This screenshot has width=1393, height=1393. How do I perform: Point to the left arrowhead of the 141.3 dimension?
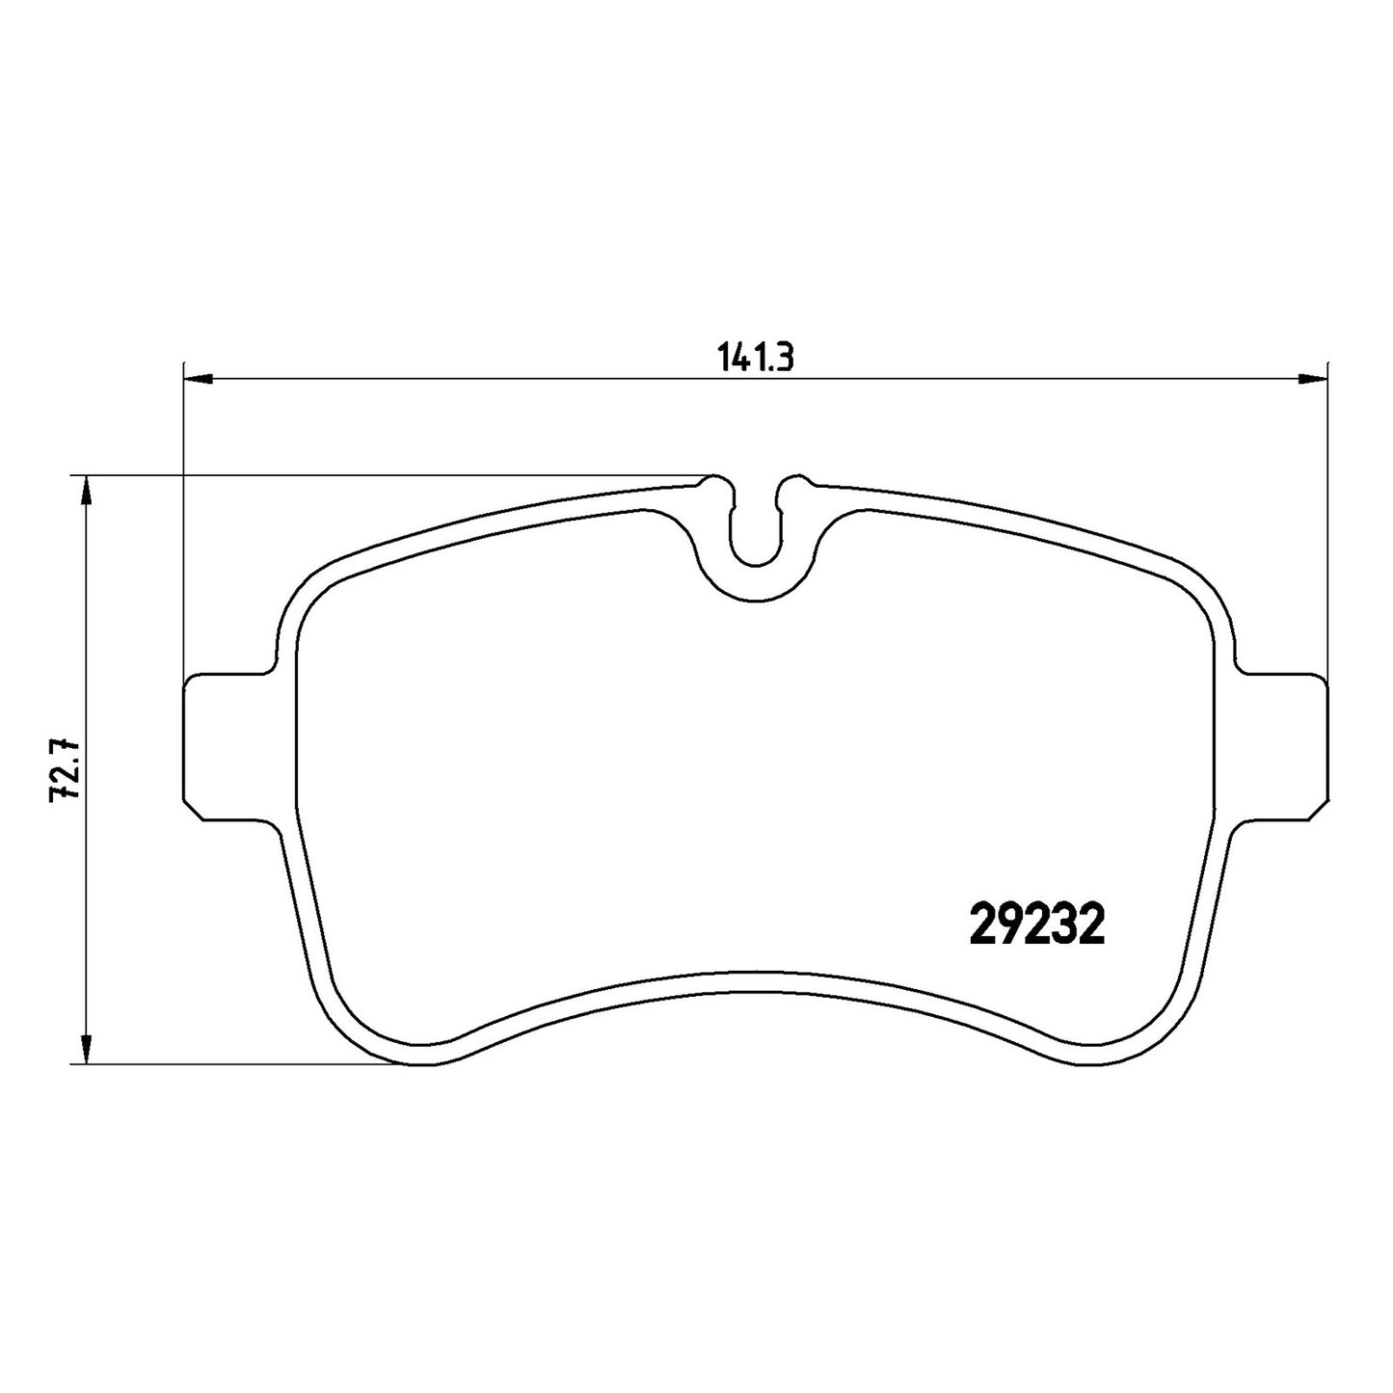tap(198, 378)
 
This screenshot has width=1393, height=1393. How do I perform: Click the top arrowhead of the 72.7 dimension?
tap(86, 491)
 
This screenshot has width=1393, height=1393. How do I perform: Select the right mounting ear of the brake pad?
tap(1282, 747)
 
